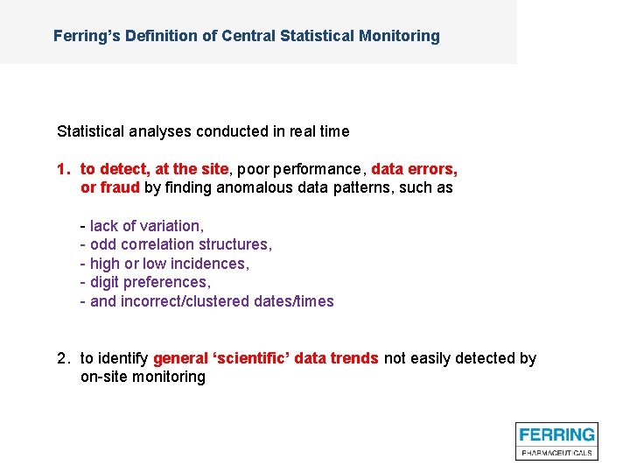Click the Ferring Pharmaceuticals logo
coord(556,441)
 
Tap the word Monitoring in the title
coord(398,36)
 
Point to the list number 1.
coord(62,168)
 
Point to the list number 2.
coord(62,358)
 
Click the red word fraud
coord(120,187)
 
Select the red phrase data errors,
coord(414,168)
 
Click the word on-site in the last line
coord(104,378)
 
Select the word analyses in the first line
coord(163,131)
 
